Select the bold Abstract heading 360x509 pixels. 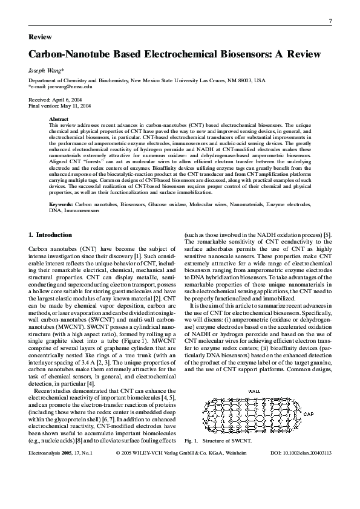[x=59, y=119]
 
